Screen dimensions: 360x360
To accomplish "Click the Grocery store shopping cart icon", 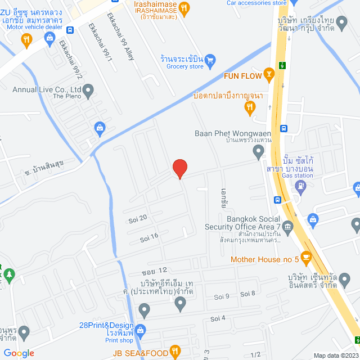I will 210,58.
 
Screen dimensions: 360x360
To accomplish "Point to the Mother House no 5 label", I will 264,259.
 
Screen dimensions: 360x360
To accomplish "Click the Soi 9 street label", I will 222,296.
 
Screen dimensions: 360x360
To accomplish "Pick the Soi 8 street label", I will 248,294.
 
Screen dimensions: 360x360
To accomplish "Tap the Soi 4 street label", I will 218,318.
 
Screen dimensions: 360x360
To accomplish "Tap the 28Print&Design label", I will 106,326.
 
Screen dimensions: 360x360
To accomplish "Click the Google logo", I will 19,353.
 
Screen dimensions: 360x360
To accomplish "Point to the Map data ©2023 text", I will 335,355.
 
